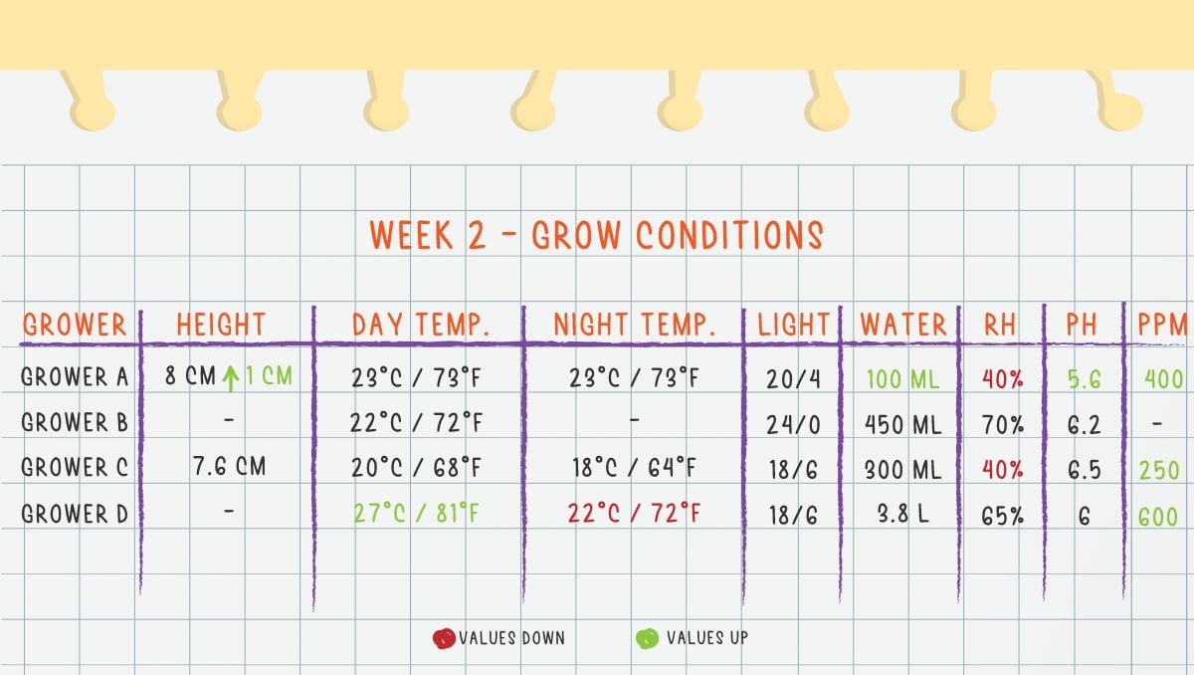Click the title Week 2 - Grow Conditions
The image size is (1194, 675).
596,235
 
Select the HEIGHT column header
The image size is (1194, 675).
221,325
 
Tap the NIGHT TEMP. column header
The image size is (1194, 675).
635,325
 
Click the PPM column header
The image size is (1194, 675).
1162,325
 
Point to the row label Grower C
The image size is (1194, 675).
75,468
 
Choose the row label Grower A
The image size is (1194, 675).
75,378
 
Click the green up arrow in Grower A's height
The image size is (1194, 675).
231,378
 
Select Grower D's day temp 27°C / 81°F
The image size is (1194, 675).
417,514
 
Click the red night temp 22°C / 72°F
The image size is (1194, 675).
634,514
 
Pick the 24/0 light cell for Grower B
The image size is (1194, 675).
793,424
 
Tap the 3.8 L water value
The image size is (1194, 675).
902,514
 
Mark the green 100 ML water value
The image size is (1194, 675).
902,378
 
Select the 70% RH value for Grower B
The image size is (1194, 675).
1002,424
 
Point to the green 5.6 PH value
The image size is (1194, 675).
1084,378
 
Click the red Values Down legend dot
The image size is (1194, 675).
444,638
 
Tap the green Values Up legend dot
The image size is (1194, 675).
647,638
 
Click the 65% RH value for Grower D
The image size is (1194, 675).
1002,514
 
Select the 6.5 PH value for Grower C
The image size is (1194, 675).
1084,469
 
